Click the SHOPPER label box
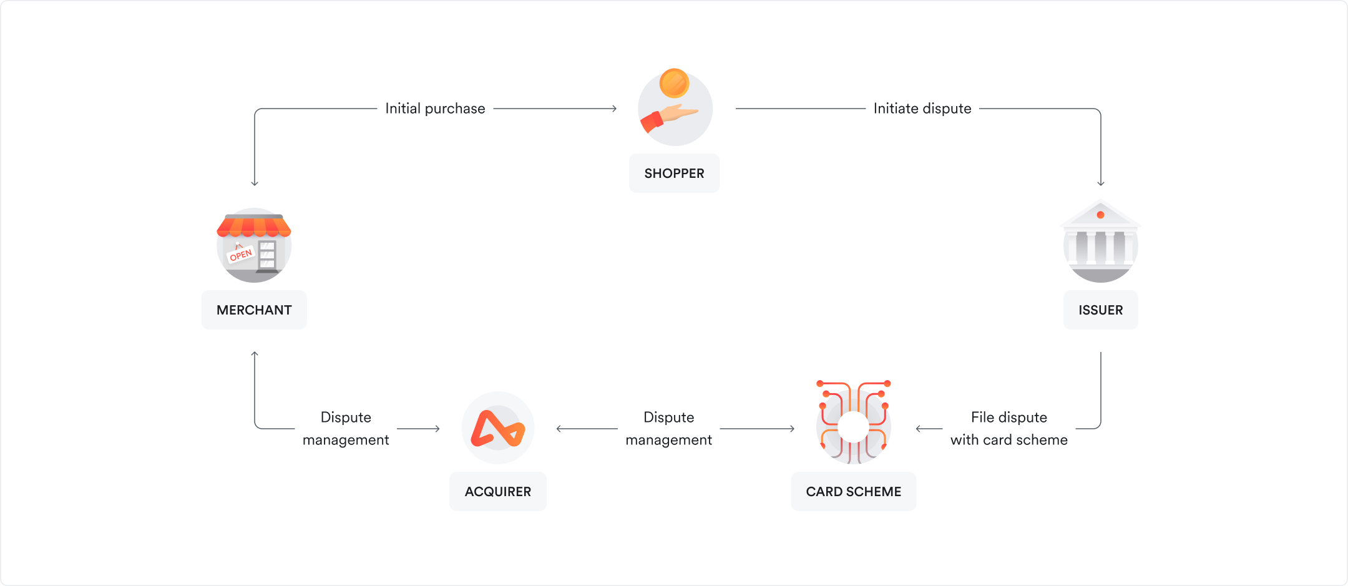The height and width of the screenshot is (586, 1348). point(674,173)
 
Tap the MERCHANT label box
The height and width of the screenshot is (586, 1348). point(254,310)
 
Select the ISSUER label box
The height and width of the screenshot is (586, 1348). point(1100,310)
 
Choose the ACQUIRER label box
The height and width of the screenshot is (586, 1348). point(497,492)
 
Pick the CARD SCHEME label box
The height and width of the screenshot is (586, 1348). point(853,492)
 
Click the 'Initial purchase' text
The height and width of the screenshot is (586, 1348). point(435,109)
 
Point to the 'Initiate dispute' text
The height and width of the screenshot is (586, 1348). point(922,109)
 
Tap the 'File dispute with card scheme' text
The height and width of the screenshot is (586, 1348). point(1009,429)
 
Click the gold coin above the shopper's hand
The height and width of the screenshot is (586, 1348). point(674,83)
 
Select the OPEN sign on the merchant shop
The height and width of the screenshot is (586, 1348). point(241,255)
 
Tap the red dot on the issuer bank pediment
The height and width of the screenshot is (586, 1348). point(1100,215)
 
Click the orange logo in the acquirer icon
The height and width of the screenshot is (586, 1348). point(497,429)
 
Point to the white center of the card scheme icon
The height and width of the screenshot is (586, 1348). point(853,427)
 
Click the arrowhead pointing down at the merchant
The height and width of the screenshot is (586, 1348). point(255,183)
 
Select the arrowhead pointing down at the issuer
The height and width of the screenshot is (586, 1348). point(1101,183)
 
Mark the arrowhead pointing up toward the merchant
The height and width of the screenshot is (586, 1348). point(255,354)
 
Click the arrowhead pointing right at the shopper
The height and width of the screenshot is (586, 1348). point(614,109)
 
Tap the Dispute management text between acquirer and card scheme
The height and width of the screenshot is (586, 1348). point(668,429)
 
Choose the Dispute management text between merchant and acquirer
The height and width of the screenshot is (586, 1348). point(346,429)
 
